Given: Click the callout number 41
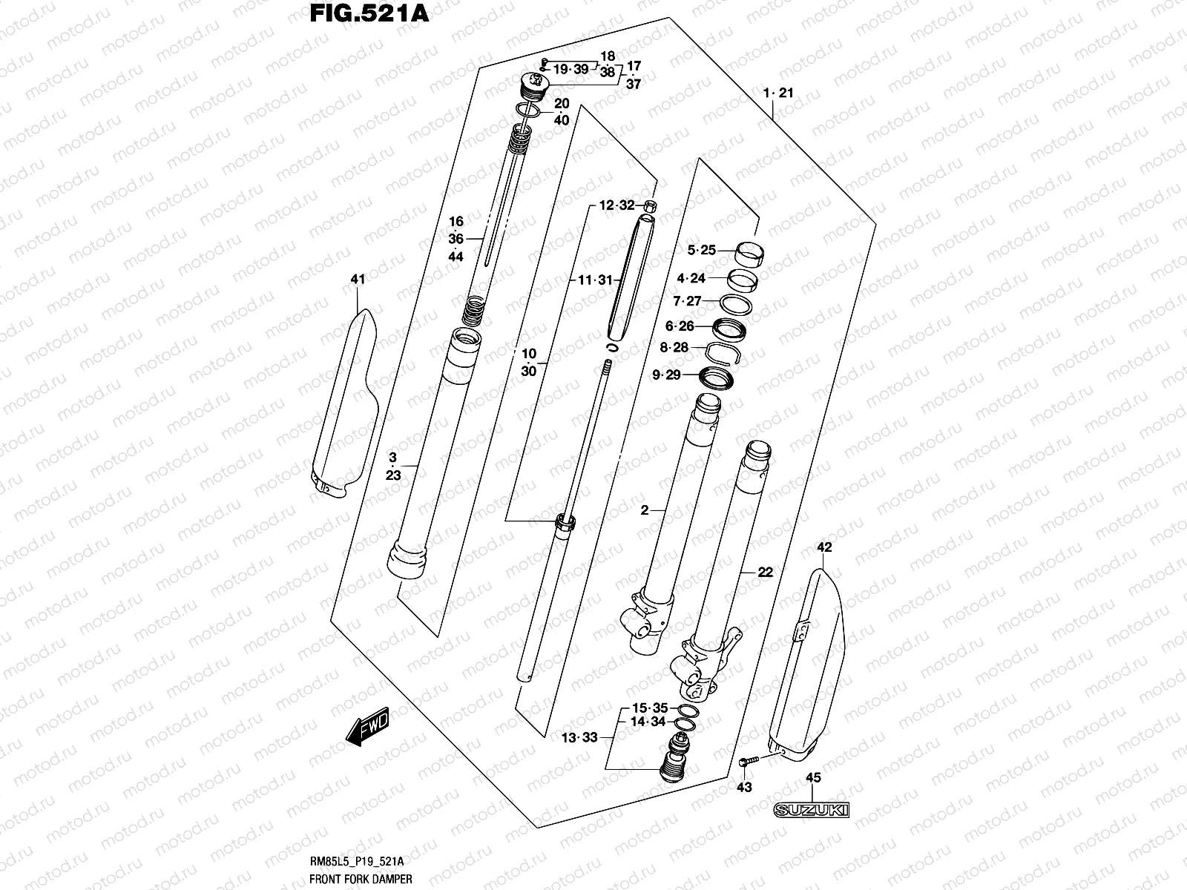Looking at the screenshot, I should (x=358, y=280).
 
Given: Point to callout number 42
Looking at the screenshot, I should (x=824, y=548).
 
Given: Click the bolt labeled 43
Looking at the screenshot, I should (x=747, y=762).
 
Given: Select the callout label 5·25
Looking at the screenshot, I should (x=701, y=251).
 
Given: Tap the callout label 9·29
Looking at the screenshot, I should (x=666, y=375).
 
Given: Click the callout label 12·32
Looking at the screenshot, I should (x=616, y=205).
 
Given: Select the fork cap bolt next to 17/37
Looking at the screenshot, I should (x=534, y=86).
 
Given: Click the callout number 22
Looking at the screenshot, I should (x=765, y=572).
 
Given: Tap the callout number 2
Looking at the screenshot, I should (x=644, y=510).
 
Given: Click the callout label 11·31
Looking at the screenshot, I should (x=596, y=280).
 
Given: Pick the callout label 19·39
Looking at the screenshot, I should (x=571, y=69).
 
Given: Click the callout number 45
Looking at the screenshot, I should (x=813, y=779).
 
